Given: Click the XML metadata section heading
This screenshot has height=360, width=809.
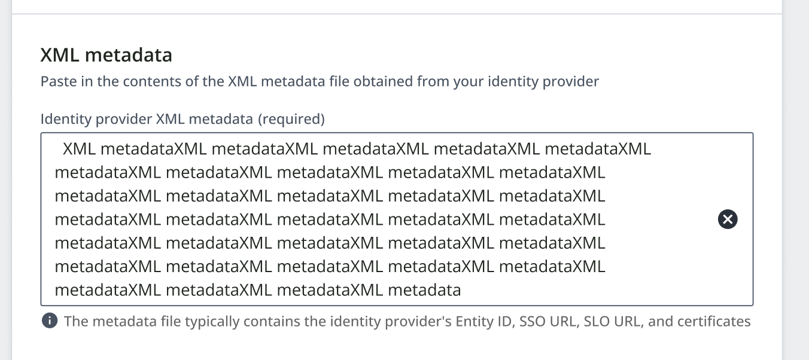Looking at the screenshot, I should click(x=106, y=55).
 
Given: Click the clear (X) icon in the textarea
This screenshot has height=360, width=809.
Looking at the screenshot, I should click(x=728, y=219).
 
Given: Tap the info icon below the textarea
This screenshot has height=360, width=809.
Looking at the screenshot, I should click(x=50, y=321).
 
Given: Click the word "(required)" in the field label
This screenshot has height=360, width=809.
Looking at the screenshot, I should click(x=291, y=119).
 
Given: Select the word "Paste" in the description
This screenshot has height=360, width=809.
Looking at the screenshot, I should click(x=58, y=81).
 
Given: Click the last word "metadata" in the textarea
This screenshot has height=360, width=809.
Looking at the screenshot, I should click(x=424, y=291).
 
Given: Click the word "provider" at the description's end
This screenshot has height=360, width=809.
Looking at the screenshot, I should click(x=570, y=81).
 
